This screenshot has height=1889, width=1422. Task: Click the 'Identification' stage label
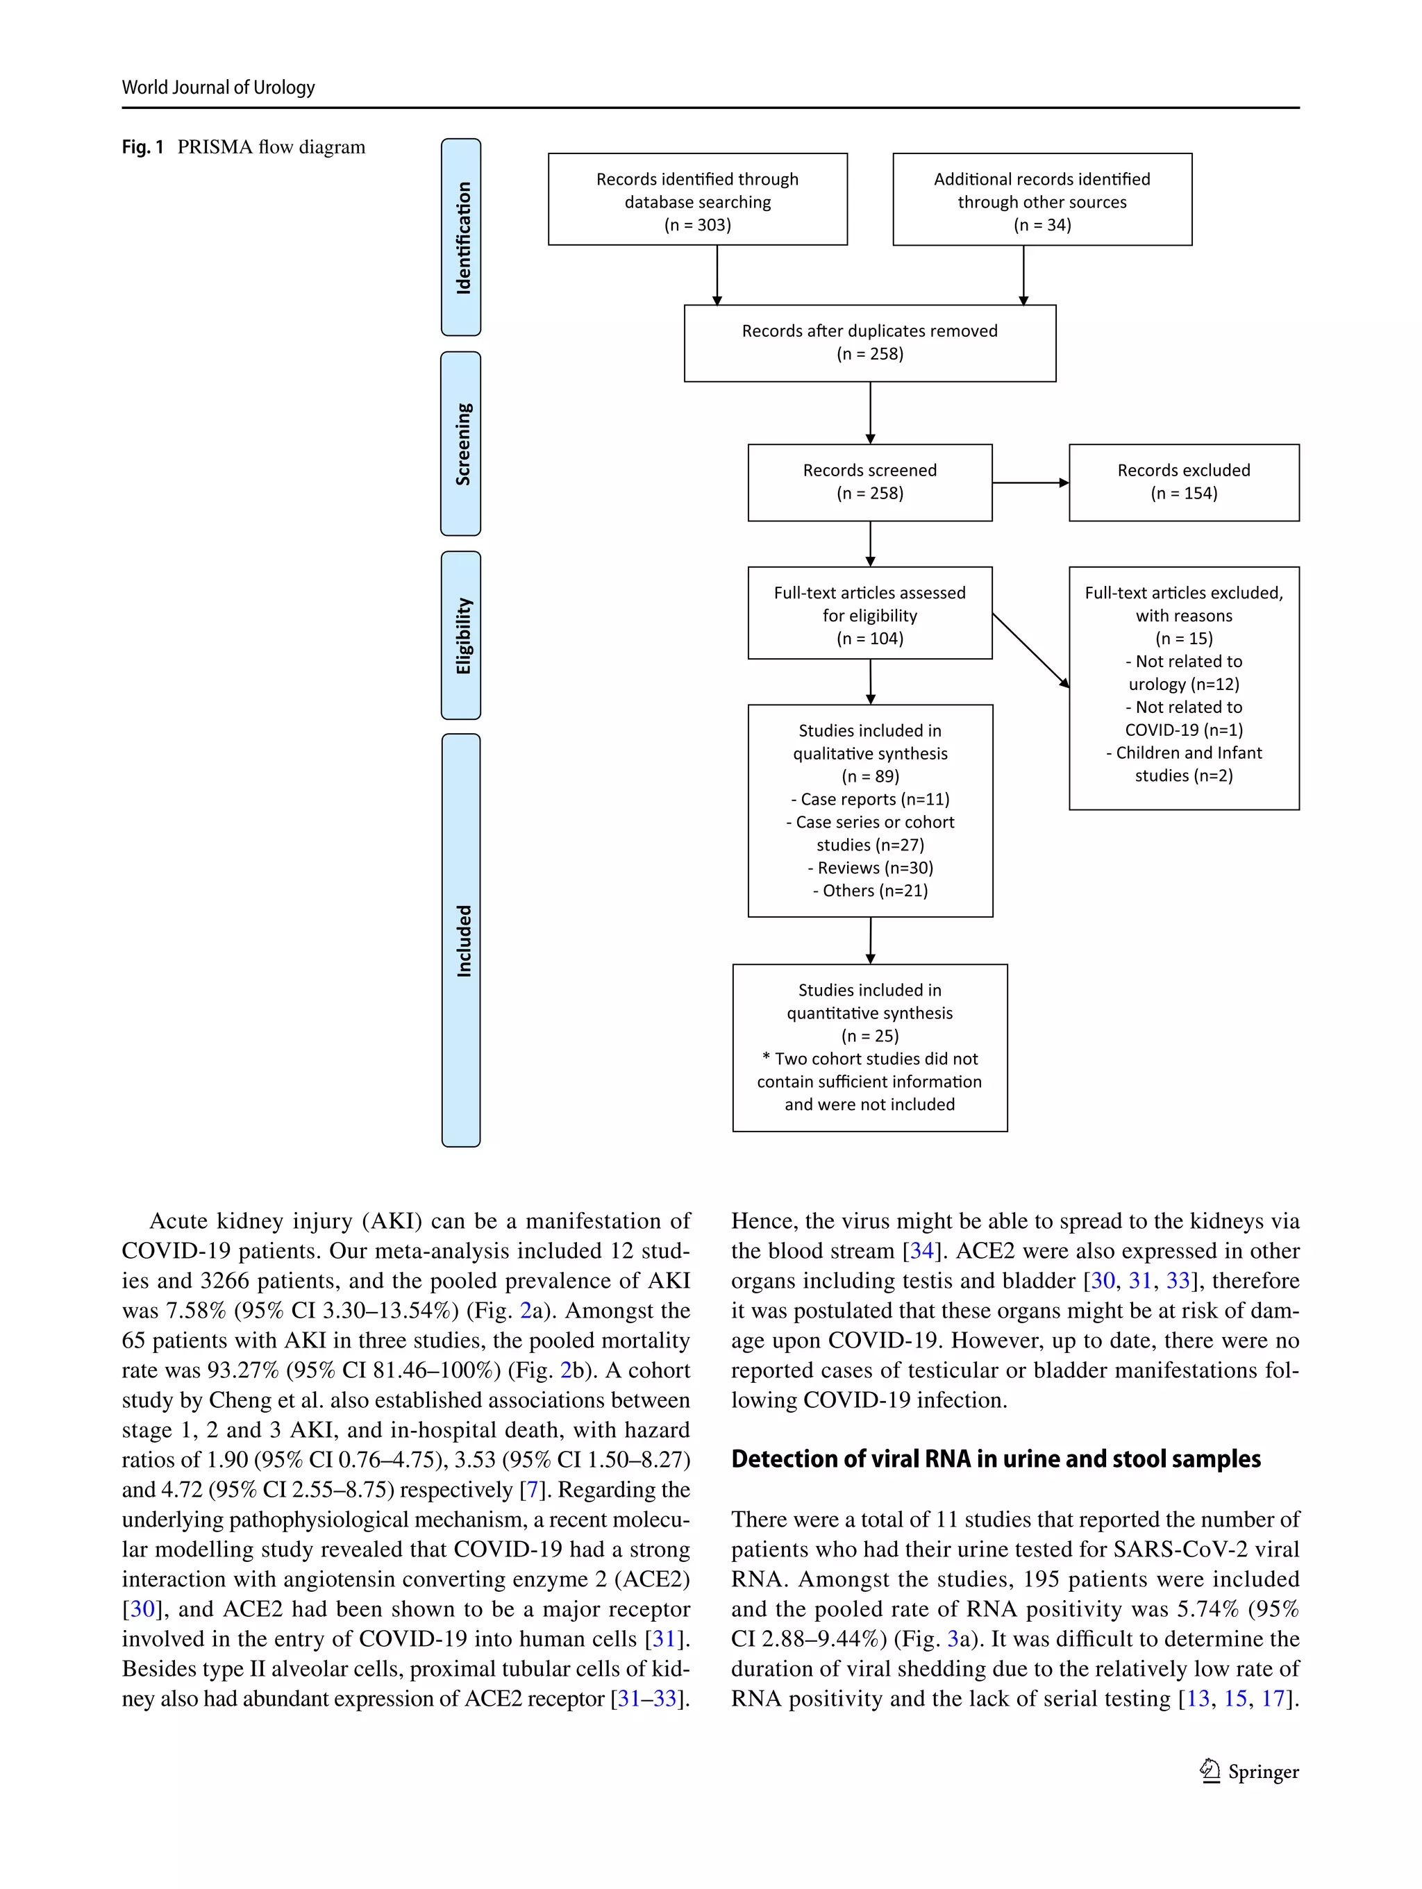coord(461,237)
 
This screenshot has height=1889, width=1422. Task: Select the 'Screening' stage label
coord(461,444)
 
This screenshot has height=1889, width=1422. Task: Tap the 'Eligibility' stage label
coord(461,635)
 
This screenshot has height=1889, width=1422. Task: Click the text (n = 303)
coord(697,225)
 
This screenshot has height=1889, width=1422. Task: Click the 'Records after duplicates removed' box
coord(869,342)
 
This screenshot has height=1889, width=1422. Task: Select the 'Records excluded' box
coord(1183,482)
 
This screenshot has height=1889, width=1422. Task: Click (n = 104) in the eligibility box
coord(869,638)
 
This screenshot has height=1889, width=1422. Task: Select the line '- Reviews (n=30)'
coord(869,868)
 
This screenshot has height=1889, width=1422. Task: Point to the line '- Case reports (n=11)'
coord(869,799)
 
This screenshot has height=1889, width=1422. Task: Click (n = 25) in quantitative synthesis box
coord(869,1036)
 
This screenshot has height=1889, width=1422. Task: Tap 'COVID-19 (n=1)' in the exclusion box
coord(1183,730)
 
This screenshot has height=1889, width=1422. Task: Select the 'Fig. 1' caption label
coord(142,147)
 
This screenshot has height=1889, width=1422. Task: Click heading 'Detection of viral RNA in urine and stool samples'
coord(995,1459)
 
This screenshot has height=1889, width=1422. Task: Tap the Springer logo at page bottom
coord(1210,1770)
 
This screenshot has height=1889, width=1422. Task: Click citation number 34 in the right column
coord(921,1251)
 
